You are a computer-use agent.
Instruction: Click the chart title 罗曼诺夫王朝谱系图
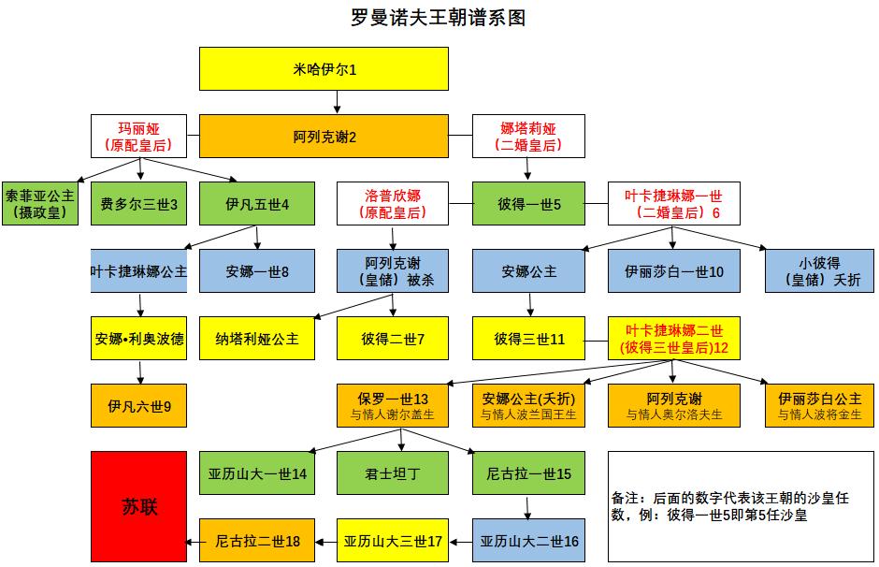[x=438, y=18]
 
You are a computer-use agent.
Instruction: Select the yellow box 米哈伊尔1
[x=324, y=69]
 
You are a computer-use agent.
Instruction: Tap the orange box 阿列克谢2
[x=324, y=136]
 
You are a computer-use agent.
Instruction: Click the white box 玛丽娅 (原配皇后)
[x=138, y=136]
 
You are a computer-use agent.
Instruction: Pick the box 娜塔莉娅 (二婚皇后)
[x=529, y=136]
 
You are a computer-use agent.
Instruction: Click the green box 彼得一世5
[x=529, y=204]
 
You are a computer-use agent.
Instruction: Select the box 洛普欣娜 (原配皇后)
[x=393, y=204]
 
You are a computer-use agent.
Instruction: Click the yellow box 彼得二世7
[x=393, y=340]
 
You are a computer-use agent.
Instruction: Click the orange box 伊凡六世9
[x=138, y=406]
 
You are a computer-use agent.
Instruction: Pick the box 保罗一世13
[x=393, y=406]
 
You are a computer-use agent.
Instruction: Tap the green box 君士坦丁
[x=393, y=473]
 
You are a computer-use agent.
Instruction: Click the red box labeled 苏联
[x=138, y=506]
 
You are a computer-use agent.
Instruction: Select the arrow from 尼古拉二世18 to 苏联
[x=193, y=541]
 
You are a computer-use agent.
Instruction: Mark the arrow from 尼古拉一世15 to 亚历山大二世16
[x=530, y=506]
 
